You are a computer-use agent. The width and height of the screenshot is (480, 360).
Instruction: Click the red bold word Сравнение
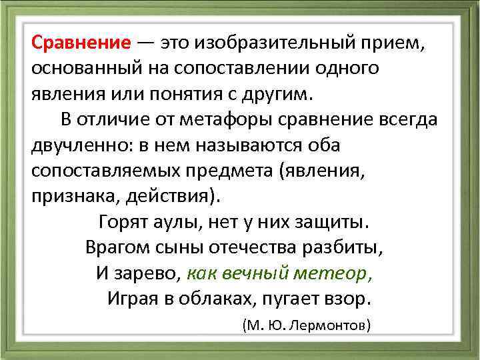click(81, 45)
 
